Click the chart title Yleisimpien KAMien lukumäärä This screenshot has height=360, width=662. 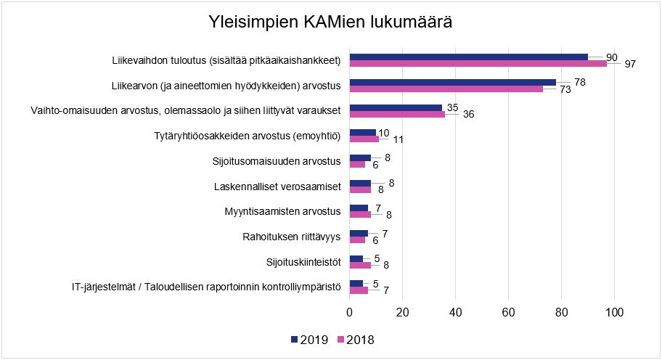point(330,22)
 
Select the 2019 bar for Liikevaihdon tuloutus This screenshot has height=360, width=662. point(468,57)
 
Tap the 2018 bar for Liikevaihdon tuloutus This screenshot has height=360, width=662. point(478,64)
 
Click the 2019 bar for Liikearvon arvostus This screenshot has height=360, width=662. point(452,83)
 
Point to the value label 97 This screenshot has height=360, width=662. point(629,65)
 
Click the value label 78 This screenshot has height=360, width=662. point(580,82)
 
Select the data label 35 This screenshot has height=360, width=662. point(452,107)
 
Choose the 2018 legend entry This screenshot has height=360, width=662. point(355,340)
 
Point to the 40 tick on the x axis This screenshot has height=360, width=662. point(455,313)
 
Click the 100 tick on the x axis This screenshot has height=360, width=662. point(614,313)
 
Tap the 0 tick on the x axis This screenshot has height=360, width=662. point(350,313)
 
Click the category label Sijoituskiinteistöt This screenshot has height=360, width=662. point(304,262)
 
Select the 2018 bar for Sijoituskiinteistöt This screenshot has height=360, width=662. point(360,266)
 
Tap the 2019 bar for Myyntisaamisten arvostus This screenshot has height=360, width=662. point(359,208)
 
